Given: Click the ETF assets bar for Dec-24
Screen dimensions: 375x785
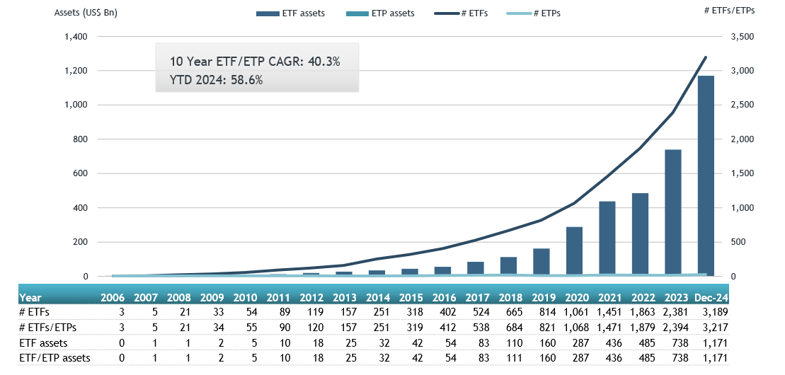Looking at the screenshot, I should click(x=705, y=176).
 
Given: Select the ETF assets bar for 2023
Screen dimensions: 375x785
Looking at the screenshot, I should click(x=672, y=213).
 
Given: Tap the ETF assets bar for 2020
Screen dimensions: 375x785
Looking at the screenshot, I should click(x=573, y=252).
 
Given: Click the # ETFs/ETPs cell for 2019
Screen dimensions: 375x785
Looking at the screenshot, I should click(x=541, y=328).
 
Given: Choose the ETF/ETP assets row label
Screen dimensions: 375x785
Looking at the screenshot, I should click(x=54, y=358).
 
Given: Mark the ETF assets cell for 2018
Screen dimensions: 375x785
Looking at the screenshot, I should click(x=508, y=343).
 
